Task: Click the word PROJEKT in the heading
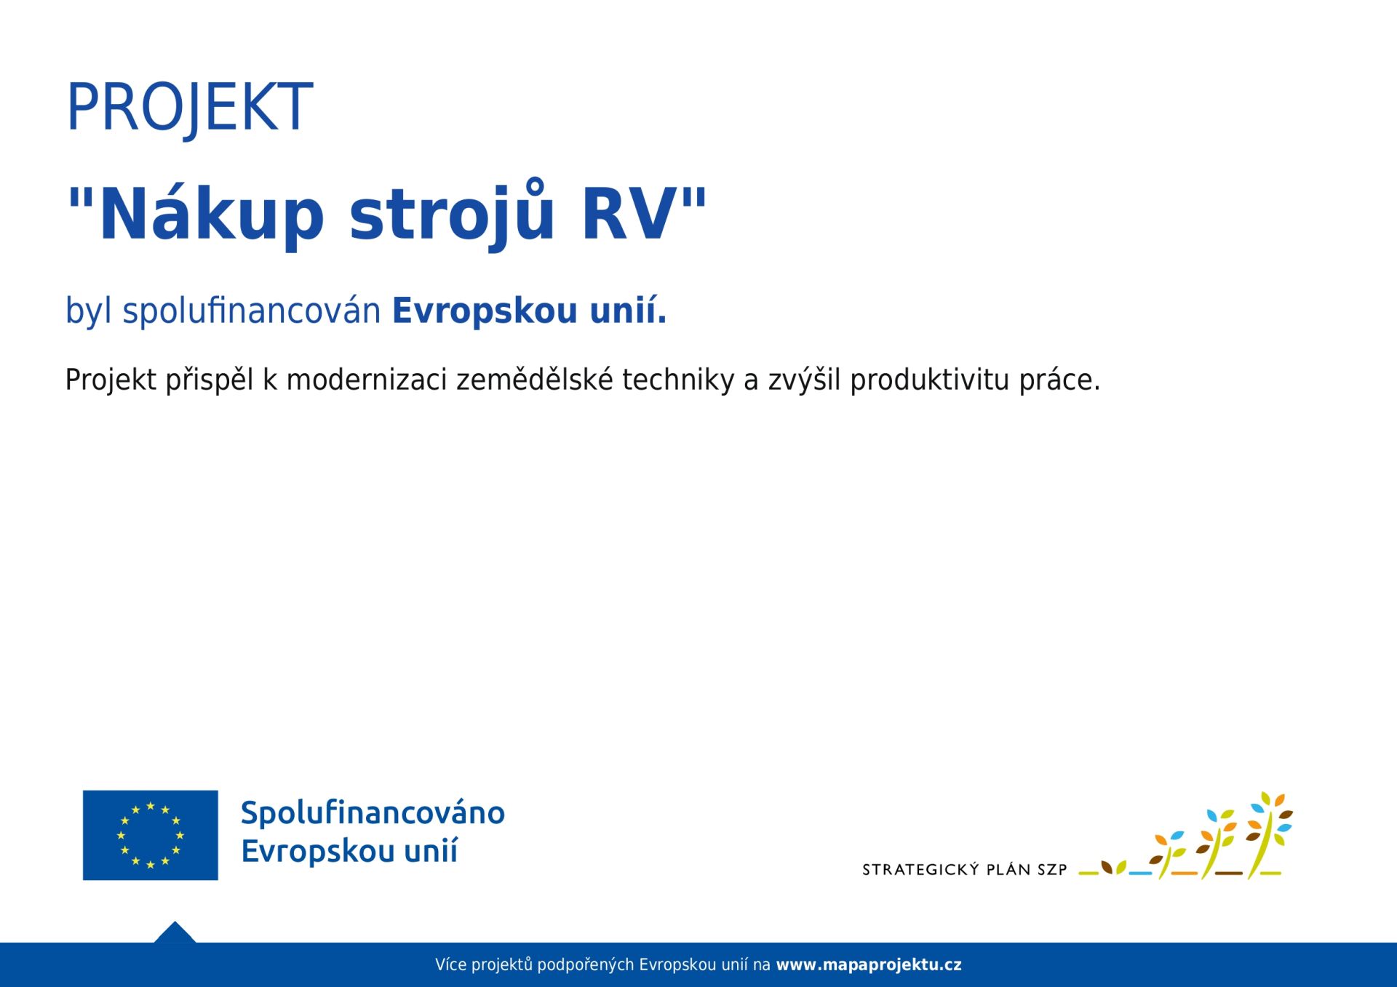[189, 108]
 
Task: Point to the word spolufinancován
[252, 311]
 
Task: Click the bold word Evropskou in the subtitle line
[485, 311]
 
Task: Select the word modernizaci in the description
[367, 380]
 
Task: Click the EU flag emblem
[151, 835]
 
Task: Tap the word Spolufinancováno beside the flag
[373, 813]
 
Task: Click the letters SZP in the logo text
[1052, 869]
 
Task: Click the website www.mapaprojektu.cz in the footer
[869, 965]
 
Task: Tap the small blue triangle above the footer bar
[175, 932]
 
